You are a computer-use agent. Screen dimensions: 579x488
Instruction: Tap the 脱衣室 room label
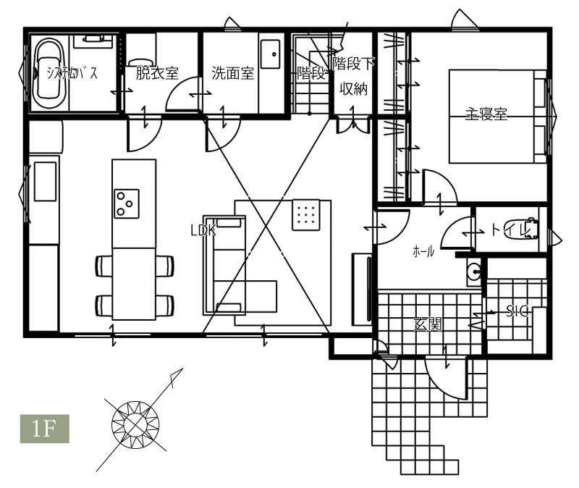click(x=157, y=73)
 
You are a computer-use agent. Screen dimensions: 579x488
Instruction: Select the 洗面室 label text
click(x=233, y=73)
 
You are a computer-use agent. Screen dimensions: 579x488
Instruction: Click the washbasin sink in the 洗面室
click(x=270, y=54)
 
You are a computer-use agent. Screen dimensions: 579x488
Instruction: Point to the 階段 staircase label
click(x=311, y=73)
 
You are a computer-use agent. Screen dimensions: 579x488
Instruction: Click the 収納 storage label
click(x=353, y=88)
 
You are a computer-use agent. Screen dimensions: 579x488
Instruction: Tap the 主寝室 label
click(x=486, y=114)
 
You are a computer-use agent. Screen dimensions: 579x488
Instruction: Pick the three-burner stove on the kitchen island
click(x=126, y=203)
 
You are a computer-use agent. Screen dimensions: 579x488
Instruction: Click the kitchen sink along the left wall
click(x=45, y=182)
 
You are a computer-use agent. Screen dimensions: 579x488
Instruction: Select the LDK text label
click(x=203, y=230)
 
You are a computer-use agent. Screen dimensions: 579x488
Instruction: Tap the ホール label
click(x=423, y=252)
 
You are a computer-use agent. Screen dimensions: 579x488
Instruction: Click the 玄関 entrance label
click(x=428, y=324)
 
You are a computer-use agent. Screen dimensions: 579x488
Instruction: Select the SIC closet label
click(x=517, y=311)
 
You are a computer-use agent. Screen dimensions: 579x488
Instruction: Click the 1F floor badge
click(x=45, y=429)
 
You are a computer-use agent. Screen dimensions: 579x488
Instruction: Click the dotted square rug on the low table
click(x=305, y=215)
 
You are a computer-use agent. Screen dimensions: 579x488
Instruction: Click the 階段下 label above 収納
click(x=353, y=63)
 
